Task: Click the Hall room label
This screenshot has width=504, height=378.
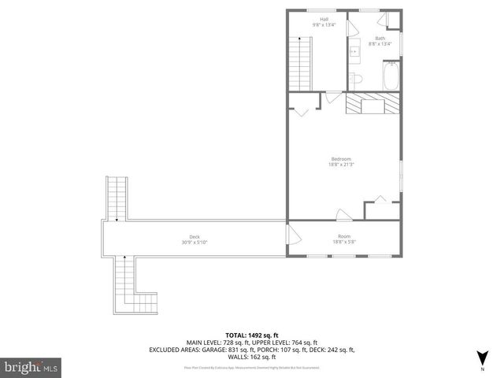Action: click(323, 19)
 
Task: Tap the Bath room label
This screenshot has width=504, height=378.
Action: click(380, 39)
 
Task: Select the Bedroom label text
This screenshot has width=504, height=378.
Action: click(340, 158)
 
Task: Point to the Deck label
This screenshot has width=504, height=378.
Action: click(194, 236)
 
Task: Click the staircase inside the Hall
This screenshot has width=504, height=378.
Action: click(302, 64)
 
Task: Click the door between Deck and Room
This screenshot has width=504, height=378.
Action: click(292, 235)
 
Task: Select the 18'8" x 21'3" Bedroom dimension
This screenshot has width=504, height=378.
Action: click(341, 164)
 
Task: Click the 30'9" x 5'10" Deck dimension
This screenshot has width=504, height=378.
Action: click(194, 242)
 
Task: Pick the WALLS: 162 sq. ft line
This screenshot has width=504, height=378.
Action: click(252, 356)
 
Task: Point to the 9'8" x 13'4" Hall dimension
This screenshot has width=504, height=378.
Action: click(324, 24)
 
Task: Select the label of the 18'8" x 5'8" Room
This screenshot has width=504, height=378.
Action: click(344, 236)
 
